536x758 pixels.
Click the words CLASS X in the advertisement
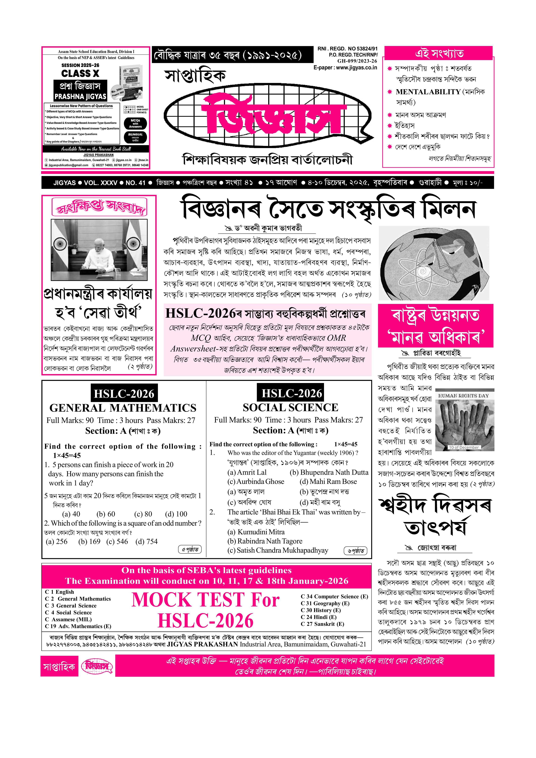(80, 73)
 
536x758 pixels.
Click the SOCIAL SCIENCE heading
(290, 408)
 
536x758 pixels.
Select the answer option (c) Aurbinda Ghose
(256, 482)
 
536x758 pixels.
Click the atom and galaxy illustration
(433, 263)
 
